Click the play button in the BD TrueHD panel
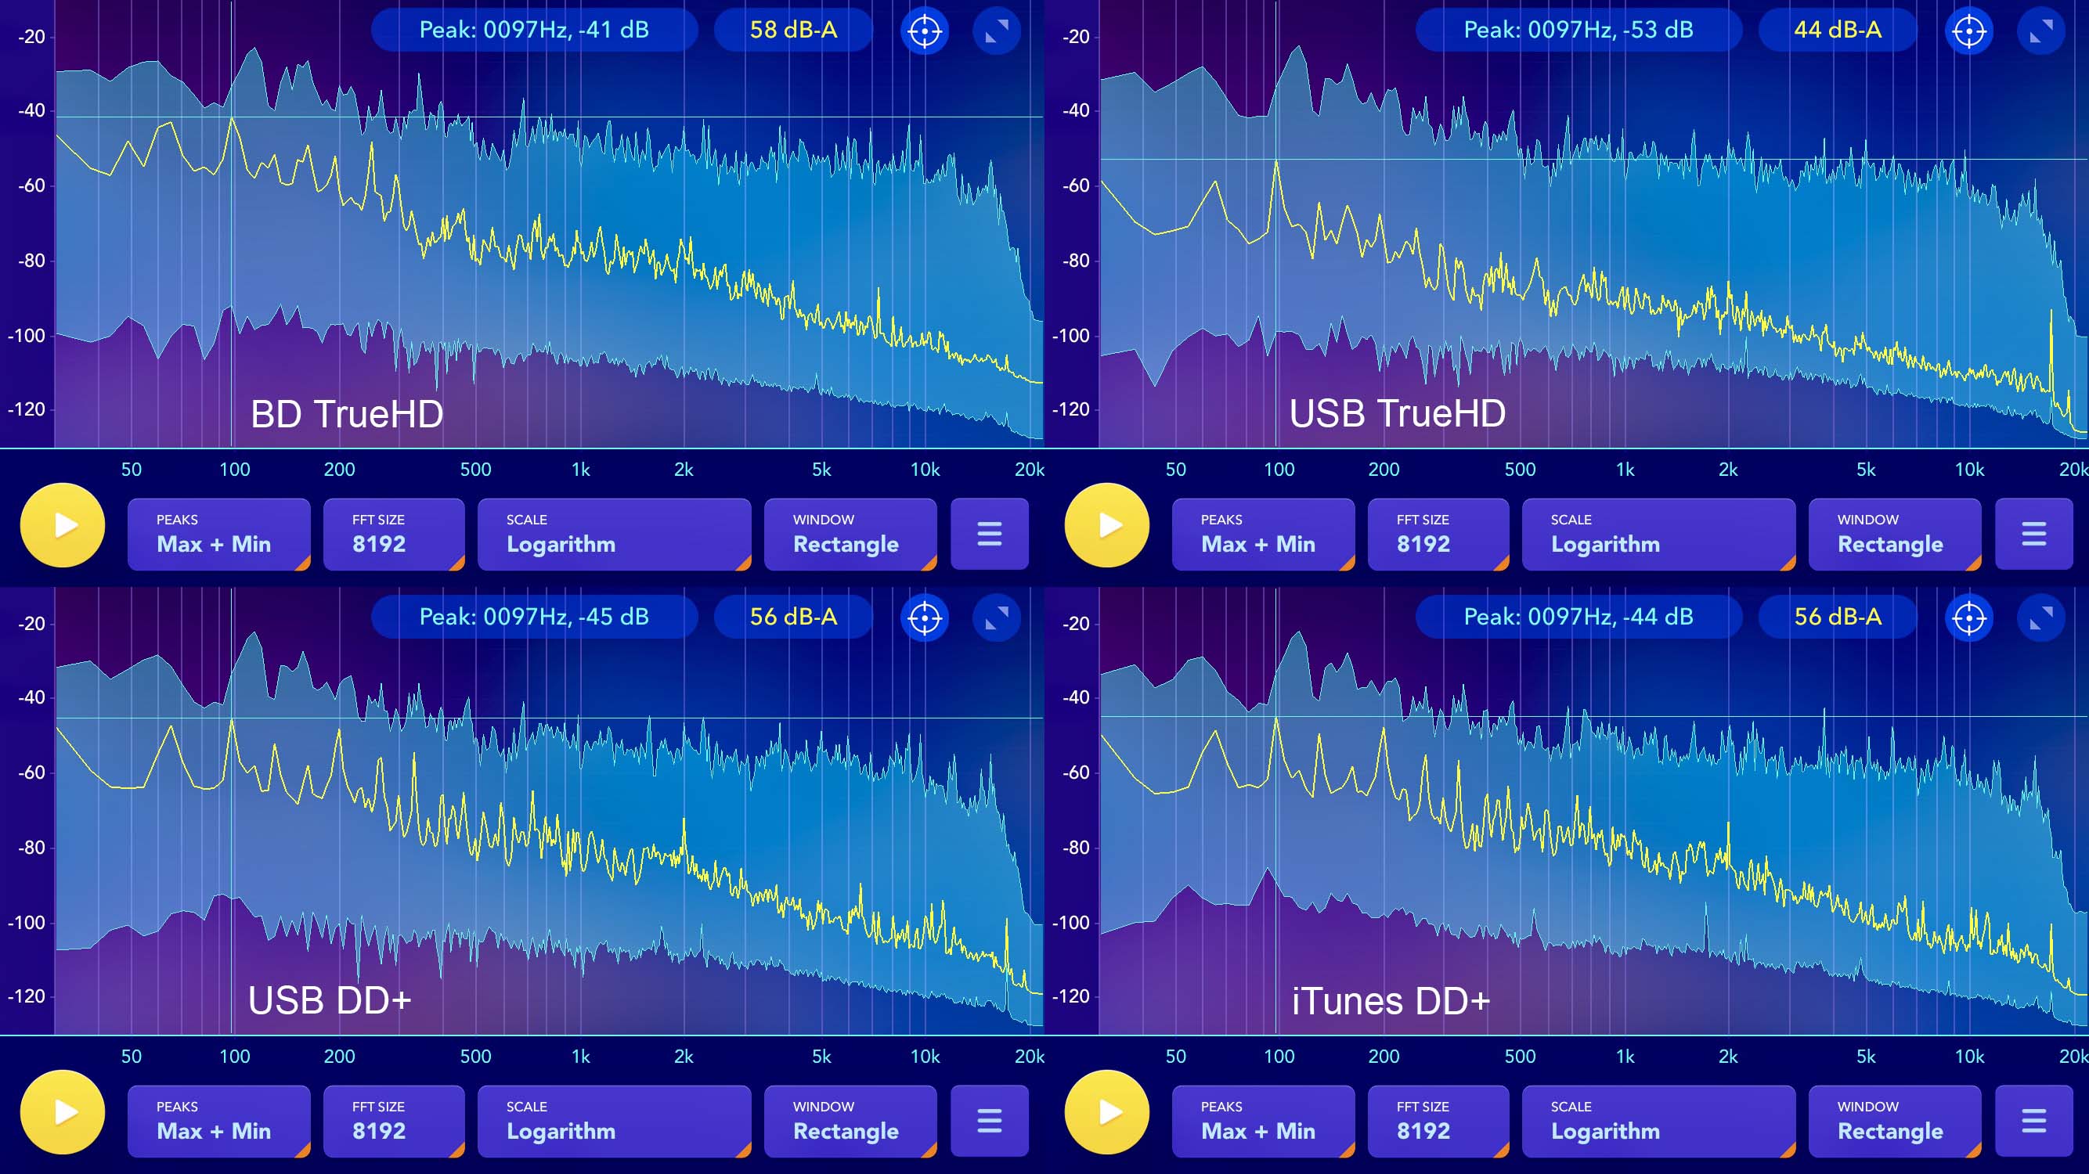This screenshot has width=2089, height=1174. coord(63,525)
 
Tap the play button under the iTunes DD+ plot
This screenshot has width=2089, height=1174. coord(1107,1112)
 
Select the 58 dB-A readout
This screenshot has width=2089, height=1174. coord(793,30)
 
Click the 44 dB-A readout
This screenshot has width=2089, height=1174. coord(1838,30)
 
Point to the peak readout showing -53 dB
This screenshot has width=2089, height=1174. coord(1578,30)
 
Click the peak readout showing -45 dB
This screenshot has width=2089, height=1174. coord(534,617)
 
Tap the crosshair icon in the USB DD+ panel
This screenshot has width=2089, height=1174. coord(925,618)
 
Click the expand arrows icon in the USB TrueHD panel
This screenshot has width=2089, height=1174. coord(2041,31)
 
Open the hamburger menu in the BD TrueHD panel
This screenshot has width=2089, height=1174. coord(990,535)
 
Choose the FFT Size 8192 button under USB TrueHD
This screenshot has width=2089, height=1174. coord(1438,535)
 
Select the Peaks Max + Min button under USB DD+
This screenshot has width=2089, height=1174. coord(219,1122)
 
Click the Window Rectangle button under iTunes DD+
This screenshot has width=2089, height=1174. coord(1894,1122)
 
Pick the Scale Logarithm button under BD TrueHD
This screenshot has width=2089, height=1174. coord(614,535)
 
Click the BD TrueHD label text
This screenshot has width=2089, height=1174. coord(347,414)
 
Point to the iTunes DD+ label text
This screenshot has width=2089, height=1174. coord(1391,1001)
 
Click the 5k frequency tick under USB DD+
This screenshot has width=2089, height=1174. coord(821,1057)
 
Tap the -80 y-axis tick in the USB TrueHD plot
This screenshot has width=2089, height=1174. coord(1075,261)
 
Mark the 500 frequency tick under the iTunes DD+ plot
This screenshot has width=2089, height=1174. coord(1520,1057)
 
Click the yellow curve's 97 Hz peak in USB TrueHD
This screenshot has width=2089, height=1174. coord(1275,161)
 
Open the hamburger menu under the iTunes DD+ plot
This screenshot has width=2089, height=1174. coord(2034,1122)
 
